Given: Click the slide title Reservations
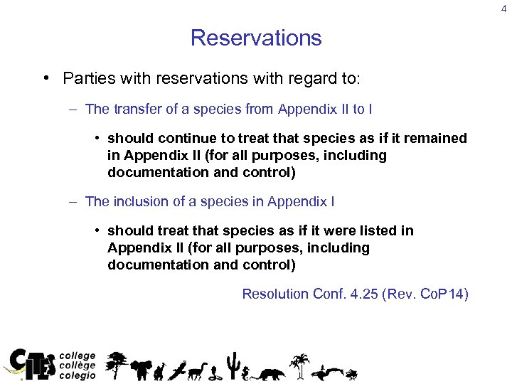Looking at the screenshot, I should (x=256, y=38).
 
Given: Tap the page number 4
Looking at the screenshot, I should (x=503, y=9).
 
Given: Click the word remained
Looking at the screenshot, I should (x=437, y=138).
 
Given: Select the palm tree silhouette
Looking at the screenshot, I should (x=299, y=363).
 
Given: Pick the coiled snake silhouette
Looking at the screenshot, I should (x=214, y=372).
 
